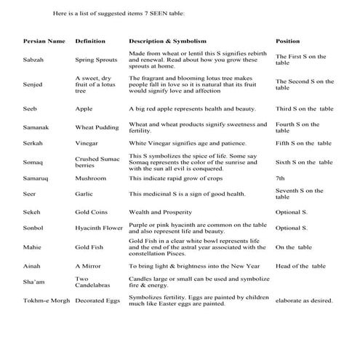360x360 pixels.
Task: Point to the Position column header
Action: point(288,41)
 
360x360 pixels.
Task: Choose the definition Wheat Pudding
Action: point(97,127)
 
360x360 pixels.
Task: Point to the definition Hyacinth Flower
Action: point(100,228)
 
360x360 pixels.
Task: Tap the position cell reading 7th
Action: point(281,177)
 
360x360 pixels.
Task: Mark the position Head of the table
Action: point(300,267)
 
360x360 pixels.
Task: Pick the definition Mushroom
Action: point(91,177)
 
